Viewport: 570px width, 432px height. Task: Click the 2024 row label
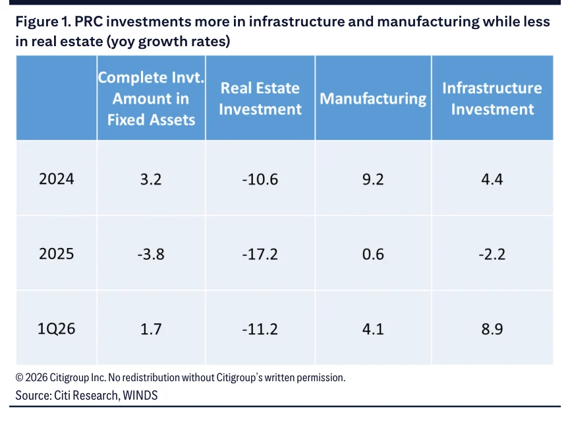(x=57, y=179)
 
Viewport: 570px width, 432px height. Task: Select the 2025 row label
(x=57, y=254)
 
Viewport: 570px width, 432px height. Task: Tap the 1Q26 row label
(x=57, y=328)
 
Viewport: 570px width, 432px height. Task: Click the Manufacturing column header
(x=373, y=99)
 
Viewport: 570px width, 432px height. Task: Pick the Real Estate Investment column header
(x=260, y=99)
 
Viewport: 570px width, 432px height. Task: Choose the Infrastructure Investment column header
(x=492, y=99)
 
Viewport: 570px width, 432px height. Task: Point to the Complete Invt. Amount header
(x=151, y=99)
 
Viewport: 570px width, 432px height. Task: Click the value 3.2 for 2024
(x=151, y=179)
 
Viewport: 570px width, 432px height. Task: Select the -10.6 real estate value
(x=260, y=179)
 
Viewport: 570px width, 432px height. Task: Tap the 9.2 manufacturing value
(x=373, y=179)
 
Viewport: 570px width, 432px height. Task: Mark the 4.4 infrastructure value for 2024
(x=492, y=179)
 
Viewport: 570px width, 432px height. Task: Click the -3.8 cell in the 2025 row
(x=151, y=254)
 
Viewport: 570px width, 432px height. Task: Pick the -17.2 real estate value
(x=260, y=254)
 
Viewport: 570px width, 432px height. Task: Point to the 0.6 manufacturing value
(x=373, y=254)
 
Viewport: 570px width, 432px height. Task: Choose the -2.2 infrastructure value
(x=492, y=254)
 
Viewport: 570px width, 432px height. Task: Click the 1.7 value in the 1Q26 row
(x=151, y=329)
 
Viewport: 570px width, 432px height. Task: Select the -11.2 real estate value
(x=260, y=329)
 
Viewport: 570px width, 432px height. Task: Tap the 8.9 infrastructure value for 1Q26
(x=492, y=329)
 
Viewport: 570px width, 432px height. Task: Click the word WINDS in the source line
(x=140, y=395)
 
